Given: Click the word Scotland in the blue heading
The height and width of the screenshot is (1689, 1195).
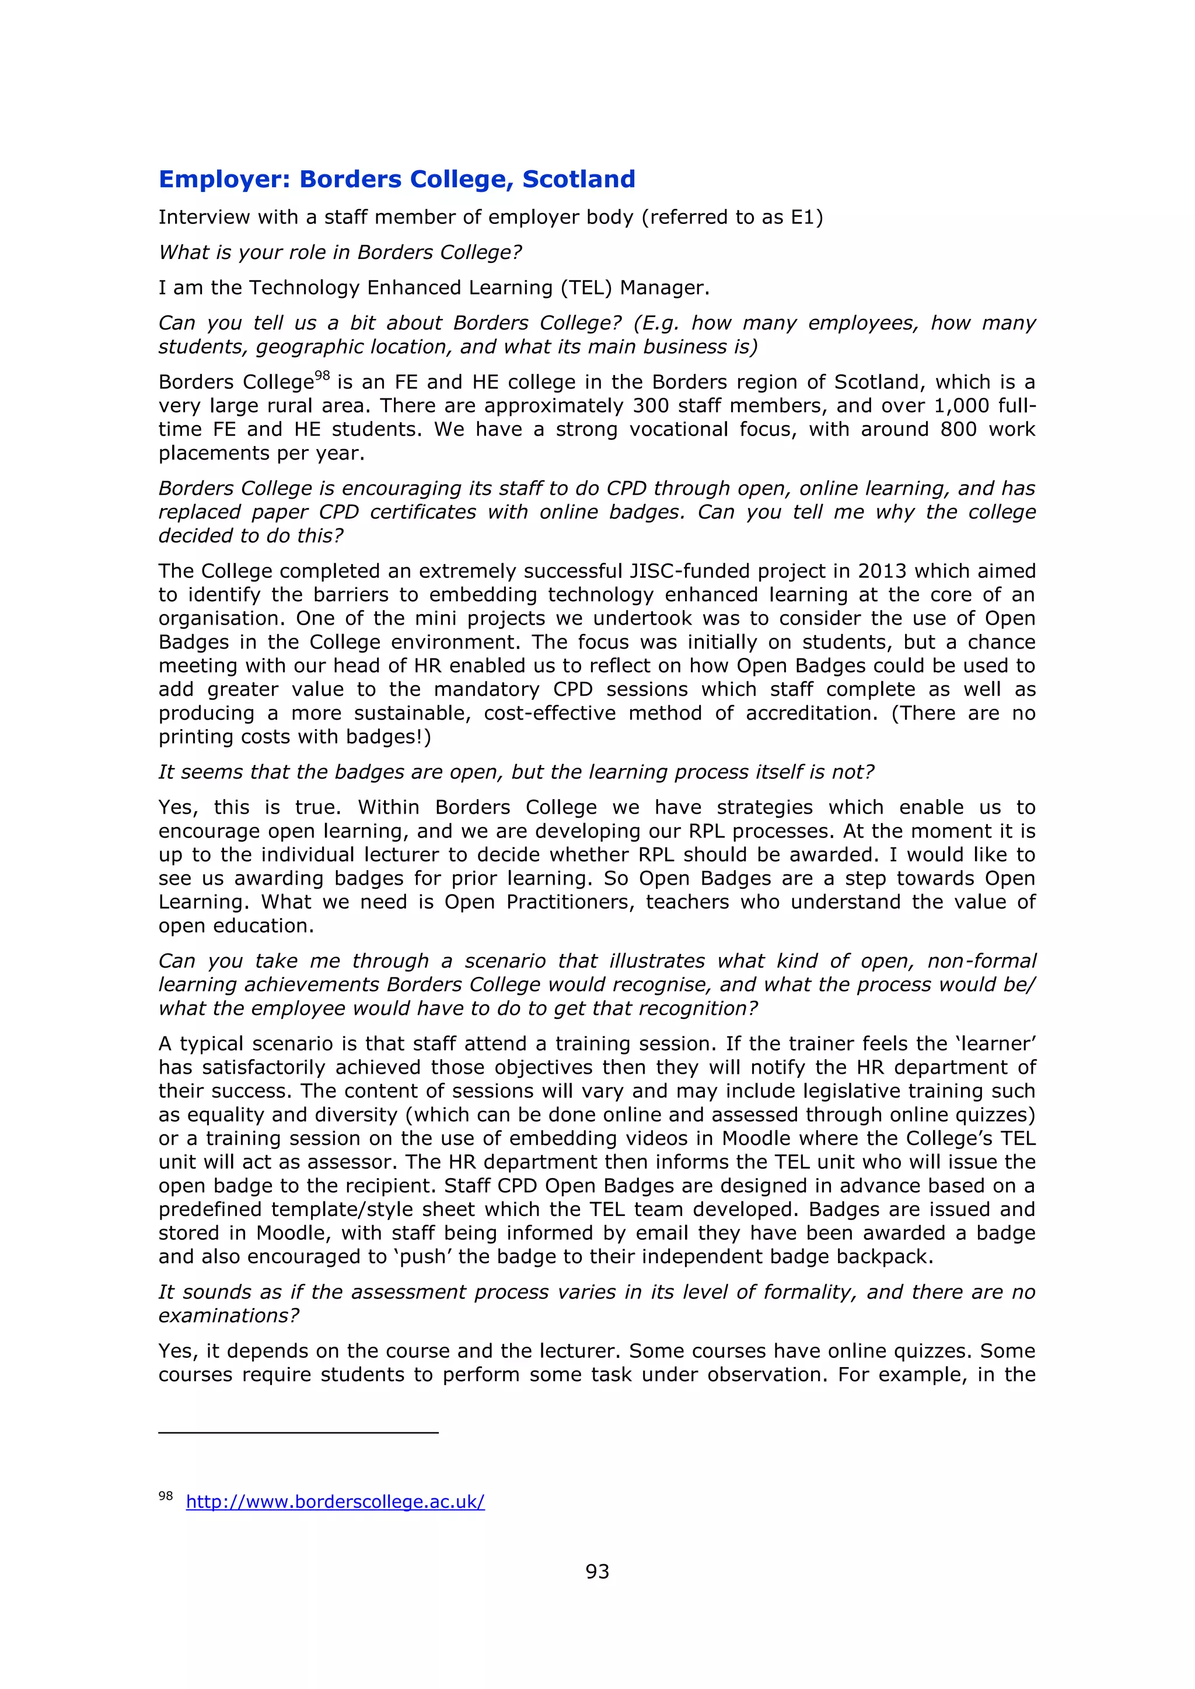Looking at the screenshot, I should click(578, 180).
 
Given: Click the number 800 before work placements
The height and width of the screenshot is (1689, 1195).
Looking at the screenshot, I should click(958, 430).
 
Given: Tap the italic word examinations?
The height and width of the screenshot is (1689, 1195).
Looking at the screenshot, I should click(229, 1316).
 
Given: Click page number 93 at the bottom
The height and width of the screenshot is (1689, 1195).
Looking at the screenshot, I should click(597, 1572).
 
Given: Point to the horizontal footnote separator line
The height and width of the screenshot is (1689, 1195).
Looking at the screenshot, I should click(298, 1433).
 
